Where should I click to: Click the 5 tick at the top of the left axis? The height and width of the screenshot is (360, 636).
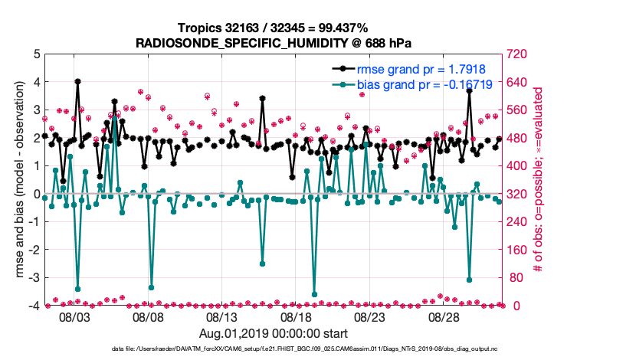pos(36,54)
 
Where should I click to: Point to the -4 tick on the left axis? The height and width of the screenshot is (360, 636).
pos(34,306)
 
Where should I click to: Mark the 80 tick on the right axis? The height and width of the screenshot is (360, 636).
pos(518,278)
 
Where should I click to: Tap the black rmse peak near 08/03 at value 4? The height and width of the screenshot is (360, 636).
pos(78,82)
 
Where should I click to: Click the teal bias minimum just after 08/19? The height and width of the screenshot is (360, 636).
pos(314,293)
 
